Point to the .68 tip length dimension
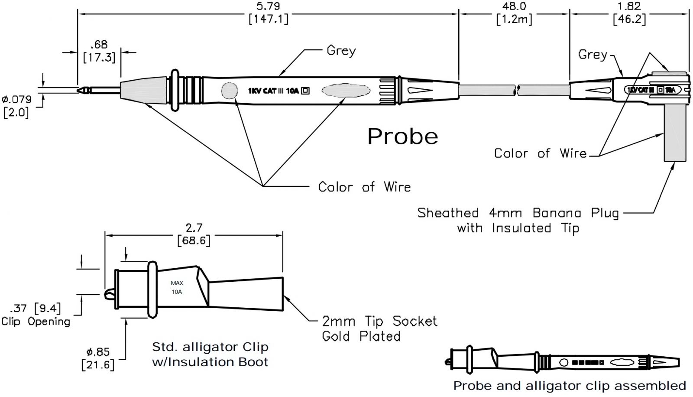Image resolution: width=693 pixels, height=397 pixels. pyautogui.click(x=99, y=51)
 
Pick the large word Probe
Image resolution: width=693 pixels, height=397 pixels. pyautogui.click(x=402, y=137)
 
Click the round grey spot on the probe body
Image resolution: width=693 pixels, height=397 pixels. pyautogui.click(x=229, y=91)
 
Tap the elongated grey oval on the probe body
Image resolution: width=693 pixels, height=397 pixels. pyautogui.click(x=346, y=91)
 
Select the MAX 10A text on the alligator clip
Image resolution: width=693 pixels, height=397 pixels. pyautogui.click(x=177, y=287)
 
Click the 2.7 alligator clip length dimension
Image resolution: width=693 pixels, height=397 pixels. pyautogui.click(x=194, y=234)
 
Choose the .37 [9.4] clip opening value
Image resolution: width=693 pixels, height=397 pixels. pyautogui.click(x=36, y=308)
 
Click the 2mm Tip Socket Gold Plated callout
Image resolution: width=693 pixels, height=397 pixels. pyautogui.click(x=379, y=329)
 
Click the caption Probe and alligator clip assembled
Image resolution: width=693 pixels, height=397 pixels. pyautogui.click(x=569, y=386)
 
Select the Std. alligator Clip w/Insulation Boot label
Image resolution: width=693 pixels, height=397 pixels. pyautogui.click(x=210, y=354)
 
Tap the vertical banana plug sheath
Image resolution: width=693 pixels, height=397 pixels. pyautogui.click(x=675, y=134)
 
